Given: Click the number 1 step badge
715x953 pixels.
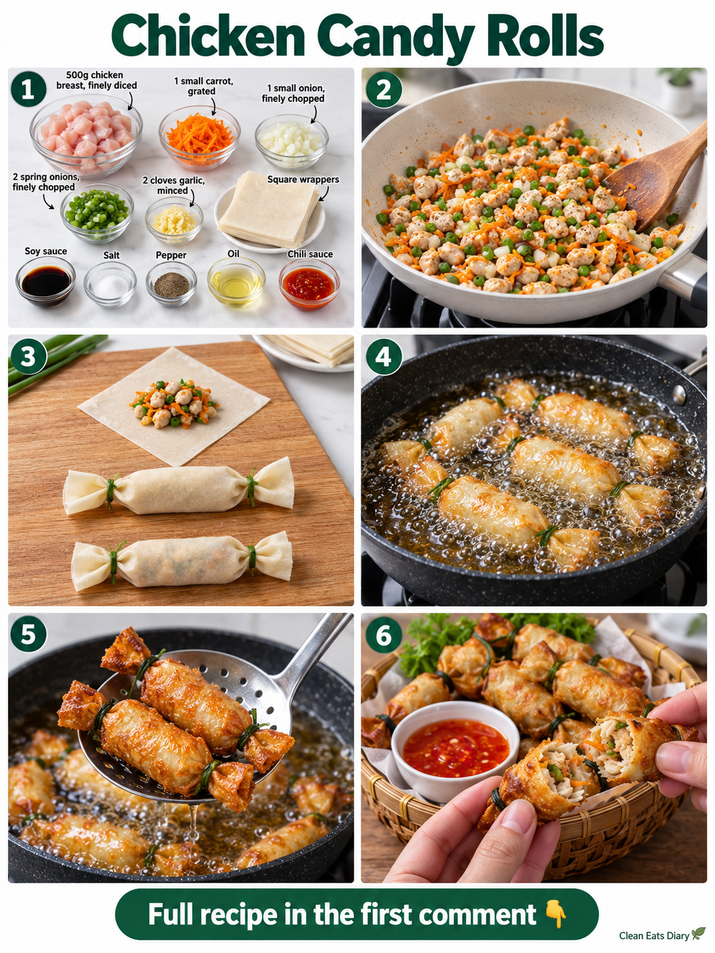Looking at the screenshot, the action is point(29,89).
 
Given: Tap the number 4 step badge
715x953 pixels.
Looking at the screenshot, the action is point(384,357).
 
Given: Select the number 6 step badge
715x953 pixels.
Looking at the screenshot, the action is point(384,635).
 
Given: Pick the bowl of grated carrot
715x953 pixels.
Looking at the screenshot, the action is point(199,137).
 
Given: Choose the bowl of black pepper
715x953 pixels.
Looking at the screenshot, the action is point(171,284).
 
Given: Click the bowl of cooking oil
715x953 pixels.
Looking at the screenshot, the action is point(236,282).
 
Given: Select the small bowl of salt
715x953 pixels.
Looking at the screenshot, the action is point(110,284).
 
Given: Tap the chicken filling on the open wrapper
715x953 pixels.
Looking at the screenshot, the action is point(175,403).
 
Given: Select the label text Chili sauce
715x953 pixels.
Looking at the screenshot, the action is point(310,254).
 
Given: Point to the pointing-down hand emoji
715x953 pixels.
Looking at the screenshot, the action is point(555,914).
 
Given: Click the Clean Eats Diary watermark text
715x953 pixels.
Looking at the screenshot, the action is point(654,936).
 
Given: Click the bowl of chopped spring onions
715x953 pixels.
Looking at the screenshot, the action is point(97,213).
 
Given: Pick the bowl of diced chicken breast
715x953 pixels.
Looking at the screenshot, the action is point(86,135).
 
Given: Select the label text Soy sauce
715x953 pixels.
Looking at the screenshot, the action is point(45,251).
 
